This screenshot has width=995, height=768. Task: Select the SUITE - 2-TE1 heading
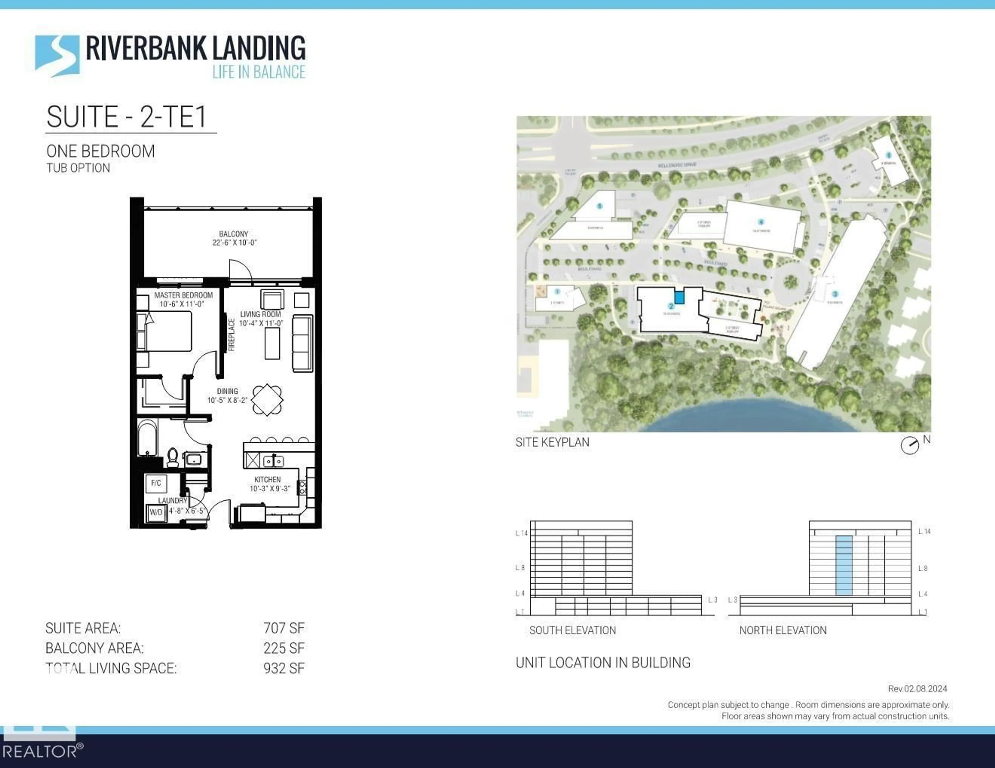coord(127,117)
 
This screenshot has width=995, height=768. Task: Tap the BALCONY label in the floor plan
coord(233,234)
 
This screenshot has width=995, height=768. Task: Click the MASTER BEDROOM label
coord(183,295)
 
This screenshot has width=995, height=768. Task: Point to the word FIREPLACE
coord(231,335)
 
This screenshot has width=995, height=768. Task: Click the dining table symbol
coord(267,400)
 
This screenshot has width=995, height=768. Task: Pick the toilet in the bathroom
coord(173,457)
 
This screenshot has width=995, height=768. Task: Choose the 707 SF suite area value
coord(283,628)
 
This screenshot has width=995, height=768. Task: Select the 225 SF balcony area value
coord(283,648)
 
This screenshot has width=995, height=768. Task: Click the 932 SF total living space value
coord(283,668)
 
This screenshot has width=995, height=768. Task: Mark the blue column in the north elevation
coord(844,565)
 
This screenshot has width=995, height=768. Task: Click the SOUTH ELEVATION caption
coord(572,631)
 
